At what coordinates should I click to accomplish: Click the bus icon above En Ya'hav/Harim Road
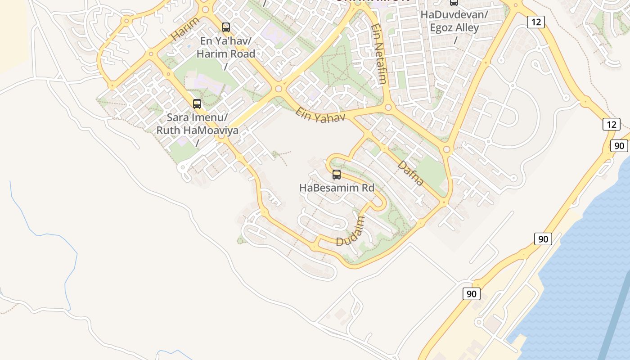tap(226, 27)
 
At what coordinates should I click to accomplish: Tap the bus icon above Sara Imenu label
tap(197, 104)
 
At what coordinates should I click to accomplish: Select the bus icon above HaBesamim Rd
tap(336, 175)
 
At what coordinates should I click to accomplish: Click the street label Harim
tap(185, 28)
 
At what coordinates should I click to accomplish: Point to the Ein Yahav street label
tap(320, 114)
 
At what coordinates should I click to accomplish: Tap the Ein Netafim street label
tap(379, 54)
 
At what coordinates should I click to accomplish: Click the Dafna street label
tap(411, 173)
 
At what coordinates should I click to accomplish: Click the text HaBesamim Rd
tap(337, 188)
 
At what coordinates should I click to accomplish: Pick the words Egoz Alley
tap(454, 27)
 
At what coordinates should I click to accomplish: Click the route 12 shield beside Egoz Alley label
tap(536, 22)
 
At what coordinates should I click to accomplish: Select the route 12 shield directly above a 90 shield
tap(612, 124)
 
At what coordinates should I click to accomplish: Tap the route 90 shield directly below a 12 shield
tap(619, 145)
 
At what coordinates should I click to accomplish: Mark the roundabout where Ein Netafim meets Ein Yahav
tap(388, 108)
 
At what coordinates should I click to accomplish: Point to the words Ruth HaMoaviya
tap(197, 130)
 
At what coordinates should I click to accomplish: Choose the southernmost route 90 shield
tap(471, 294)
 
